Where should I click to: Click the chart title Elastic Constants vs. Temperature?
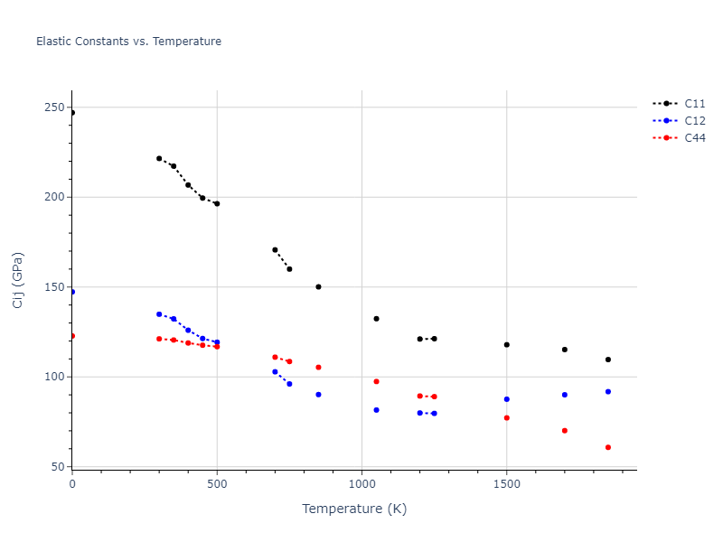(x=128, y=42)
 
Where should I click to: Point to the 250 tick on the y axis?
(x=53, y=107)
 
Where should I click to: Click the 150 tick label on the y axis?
(x=53, y=287)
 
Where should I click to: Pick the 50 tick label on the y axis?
(x=57, y=467)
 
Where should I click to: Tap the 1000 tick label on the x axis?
(x=361, y=484)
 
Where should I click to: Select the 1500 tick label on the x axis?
(x=506, y=484)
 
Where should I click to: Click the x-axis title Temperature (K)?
(x=354, y=509)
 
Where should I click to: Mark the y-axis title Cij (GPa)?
(x=18, y=280)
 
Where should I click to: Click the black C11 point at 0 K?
(x=72, y=113)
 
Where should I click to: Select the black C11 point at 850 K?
(x=318, y=287)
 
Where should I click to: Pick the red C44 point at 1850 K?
(x=608, y=447)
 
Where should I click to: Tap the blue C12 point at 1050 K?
(x=376, y=410)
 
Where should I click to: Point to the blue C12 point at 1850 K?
(x=608, y=391)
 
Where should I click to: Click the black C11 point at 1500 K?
(x=506, y=345)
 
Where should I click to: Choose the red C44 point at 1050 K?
(x=376, y=381)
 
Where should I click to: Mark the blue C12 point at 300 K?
(x=159, y=314)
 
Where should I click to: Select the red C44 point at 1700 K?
(x=565, y=431)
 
